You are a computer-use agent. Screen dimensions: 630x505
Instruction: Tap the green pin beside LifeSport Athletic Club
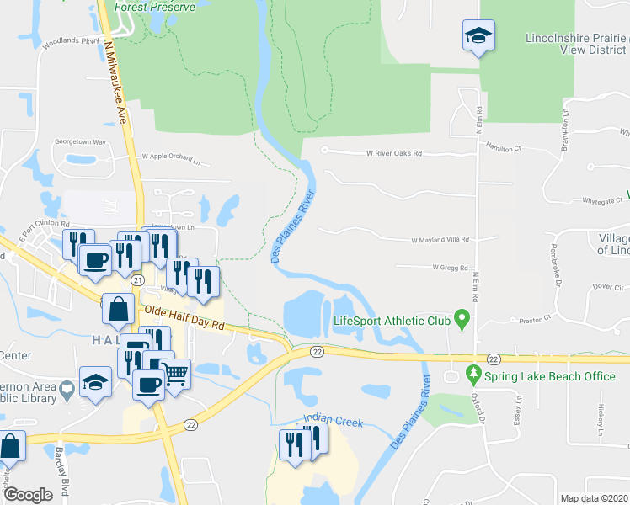point(461,319)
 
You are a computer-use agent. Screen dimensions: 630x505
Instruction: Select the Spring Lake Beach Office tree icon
point(474,375)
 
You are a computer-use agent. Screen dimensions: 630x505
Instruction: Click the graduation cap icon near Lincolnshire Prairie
point(478,36)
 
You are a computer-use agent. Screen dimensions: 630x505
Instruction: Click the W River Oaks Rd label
point(393,154)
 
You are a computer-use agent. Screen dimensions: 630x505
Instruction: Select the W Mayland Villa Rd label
point(440,240)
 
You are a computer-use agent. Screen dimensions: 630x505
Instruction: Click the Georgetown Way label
point(80,142)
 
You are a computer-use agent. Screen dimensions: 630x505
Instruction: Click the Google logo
point(28,495)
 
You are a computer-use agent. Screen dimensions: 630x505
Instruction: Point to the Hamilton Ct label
point(504,146)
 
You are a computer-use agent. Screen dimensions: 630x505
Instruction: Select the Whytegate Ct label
point(589,200)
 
